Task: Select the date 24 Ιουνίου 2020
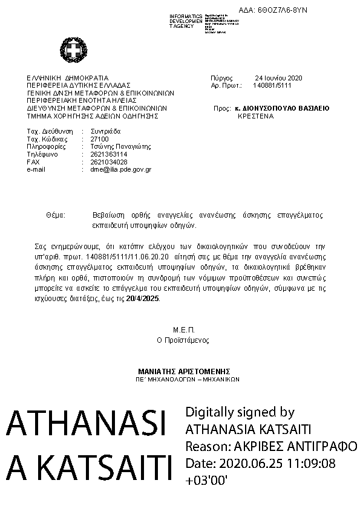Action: click(278, 78)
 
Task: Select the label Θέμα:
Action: click(55, 215)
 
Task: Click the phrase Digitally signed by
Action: click(240, 413)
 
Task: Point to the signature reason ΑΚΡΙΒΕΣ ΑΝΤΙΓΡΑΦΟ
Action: click(295, 447)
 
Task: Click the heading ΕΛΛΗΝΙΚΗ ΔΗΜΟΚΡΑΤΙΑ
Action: click(67, 78)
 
